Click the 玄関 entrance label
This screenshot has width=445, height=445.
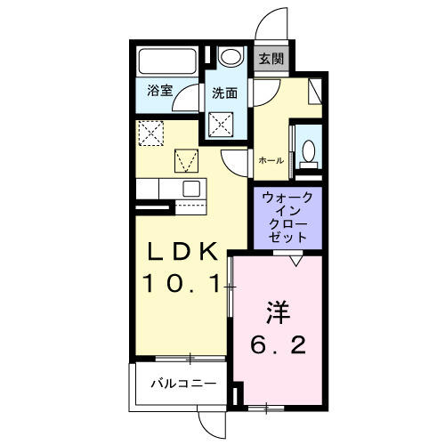coord(271,59)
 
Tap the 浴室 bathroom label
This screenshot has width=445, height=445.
coord(160,91)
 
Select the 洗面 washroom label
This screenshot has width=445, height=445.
coord(224,93)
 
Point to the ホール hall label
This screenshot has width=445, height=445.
coord(271,161)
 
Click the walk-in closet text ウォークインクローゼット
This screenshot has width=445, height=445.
coord(287,217)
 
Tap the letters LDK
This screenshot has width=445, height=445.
coord(182,252)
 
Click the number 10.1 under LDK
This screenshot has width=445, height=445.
coord(182,283)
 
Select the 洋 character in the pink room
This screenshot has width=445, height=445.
coord(278,312)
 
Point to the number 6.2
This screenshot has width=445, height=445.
coord(278,345)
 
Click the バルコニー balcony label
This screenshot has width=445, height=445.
coord(184,384)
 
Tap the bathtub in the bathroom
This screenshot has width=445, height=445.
coord(167,61)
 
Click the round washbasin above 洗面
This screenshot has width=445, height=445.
coord(231,56)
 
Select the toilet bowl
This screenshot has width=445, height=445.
coord(309,150)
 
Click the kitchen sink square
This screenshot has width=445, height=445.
coord(191,188)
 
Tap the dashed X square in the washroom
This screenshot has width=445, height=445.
coord(221,125)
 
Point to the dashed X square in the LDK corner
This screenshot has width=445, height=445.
coord(151,133)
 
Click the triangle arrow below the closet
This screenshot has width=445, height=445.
coord(295,261)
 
